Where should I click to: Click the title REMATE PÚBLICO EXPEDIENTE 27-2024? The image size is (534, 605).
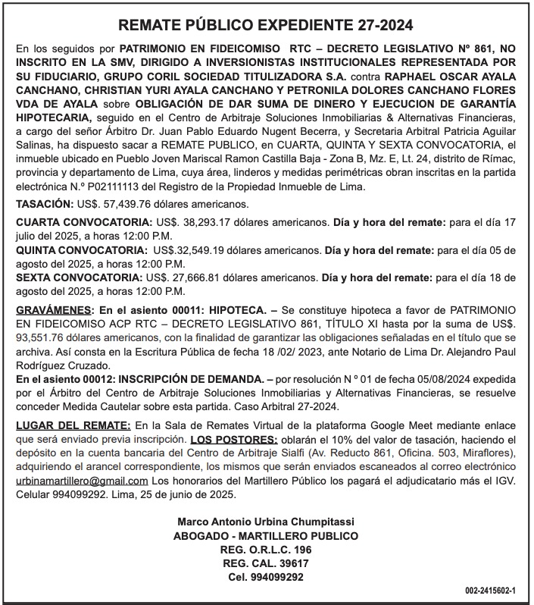tap(267, 25)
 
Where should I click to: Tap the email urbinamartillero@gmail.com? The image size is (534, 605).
tap(82, 481)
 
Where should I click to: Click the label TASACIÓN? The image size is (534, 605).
tap(45, 205)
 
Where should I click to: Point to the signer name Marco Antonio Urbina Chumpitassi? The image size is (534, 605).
tap(266, 522)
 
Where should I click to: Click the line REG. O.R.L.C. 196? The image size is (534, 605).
tap(266, 550)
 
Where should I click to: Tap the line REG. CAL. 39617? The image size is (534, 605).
tap(266, 563)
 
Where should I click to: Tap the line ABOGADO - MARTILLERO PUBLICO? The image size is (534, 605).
tap(266, 535)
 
